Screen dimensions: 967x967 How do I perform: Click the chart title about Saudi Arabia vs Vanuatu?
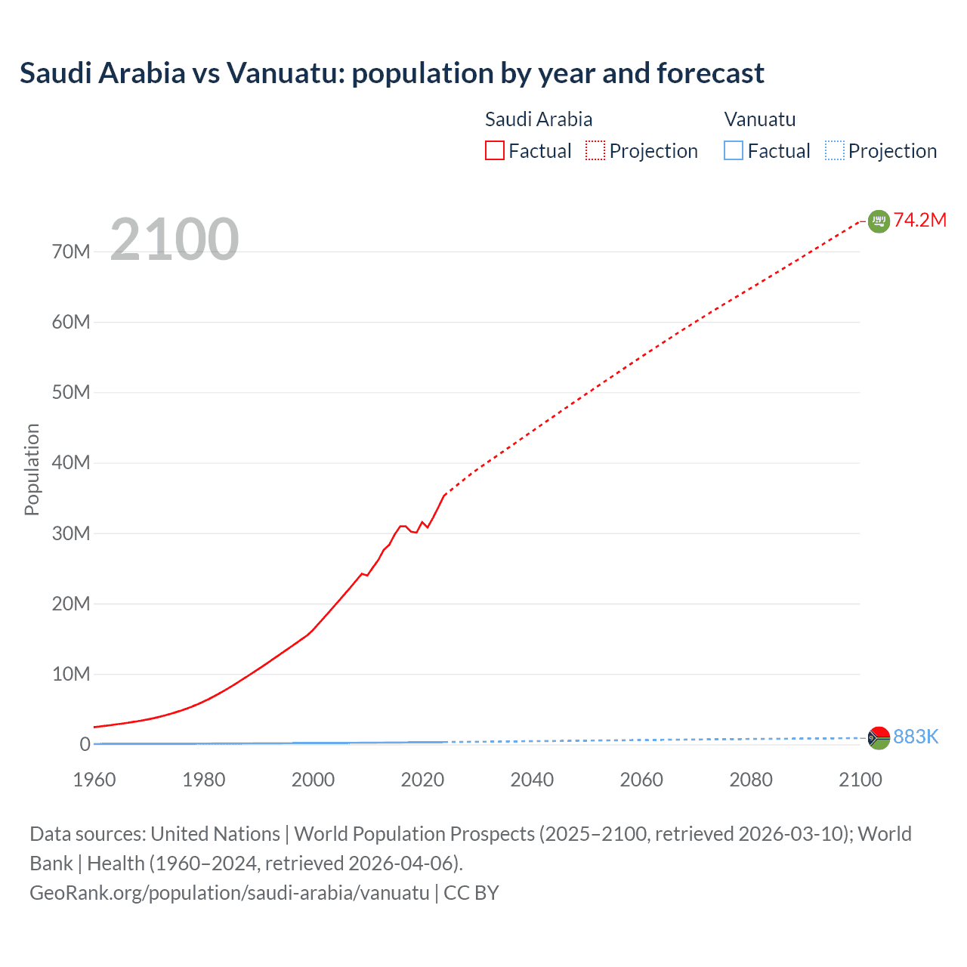[391, 73]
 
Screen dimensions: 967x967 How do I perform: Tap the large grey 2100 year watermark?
[175, 239]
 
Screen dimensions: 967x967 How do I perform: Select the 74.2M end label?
[919, 220]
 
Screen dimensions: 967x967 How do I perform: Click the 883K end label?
[916, 737]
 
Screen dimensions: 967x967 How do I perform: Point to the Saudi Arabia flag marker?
[879, 221]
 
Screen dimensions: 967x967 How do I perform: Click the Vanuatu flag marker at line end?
[879, 737]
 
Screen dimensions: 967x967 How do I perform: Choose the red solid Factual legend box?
[495, 151]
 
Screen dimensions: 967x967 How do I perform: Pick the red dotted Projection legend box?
[595, 151]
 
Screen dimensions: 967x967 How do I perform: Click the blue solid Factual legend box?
[734, 151]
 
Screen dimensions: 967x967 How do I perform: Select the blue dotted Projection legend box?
[835, 151]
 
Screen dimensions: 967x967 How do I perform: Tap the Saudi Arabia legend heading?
[538, 119]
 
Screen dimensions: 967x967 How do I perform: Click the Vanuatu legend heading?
[759, 119]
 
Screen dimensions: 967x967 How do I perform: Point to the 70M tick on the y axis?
[71, 252]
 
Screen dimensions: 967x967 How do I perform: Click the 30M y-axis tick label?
[71, 533]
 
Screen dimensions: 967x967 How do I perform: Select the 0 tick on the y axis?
[85, 744]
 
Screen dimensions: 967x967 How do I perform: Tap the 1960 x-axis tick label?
[94, 780]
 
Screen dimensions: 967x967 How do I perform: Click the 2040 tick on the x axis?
[532, 780]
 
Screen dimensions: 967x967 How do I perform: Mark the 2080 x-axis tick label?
[751, 780]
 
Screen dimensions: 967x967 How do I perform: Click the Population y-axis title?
[32, 469]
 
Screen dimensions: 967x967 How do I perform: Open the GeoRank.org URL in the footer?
[230, 893]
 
